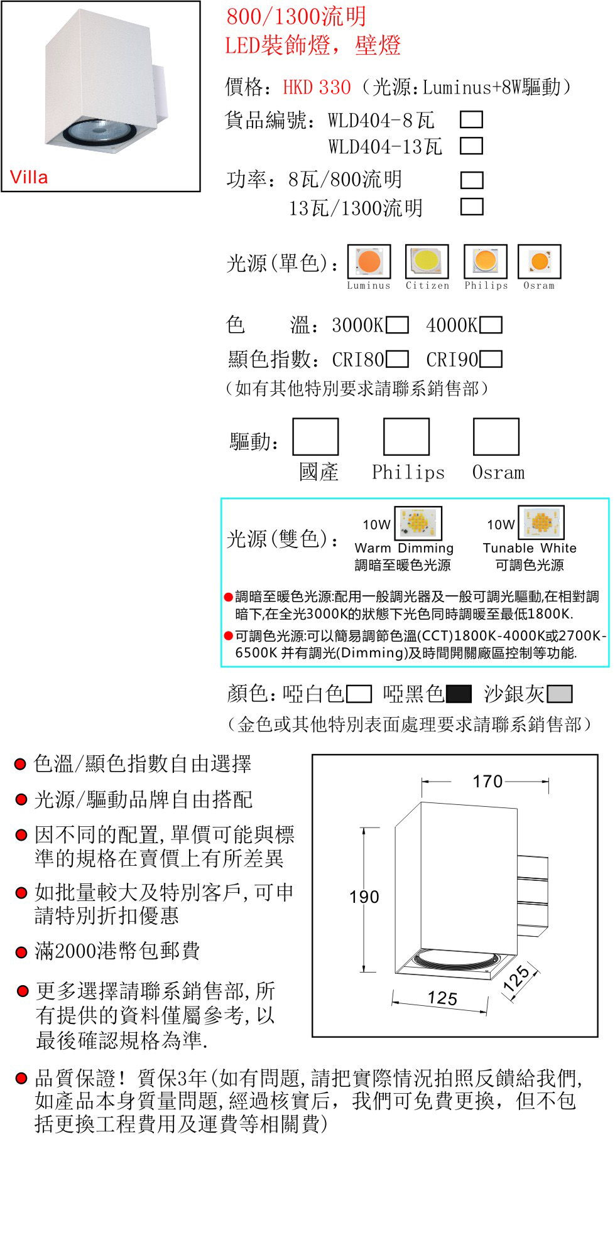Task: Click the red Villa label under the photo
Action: tap(29, 177)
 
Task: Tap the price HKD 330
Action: tap(317, 87)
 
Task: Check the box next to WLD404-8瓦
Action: tap(471, 119)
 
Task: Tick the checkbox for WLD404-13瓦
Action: tap(471, 146)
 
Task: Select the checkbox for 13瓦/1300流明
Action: tap(471, 207)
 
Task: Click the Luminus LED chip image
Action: tap(369, 261)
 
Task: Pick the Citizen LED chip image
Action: tap(427, 261)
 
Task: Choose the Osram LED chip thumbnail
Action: tap(539, 261)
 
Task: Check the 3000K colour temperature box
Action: tap(397, 325)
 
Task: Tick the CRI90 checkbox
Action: tap(491, 359)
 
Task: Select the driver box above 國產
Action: tap(315, 436)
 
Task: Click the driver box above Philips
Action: tap(406, 436)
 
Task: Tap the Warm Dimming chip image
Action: tap(418, 523)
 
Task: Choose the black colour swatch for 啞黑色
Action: tap(459, 694)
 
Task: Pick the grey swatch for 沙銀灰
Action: tap(560, 694)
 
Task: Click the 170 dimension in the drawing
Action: tap(487, 782)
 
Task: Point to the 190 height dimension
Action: tap(364, 897)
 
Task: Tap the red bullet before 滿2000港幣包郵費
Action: tap(21, 952)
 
